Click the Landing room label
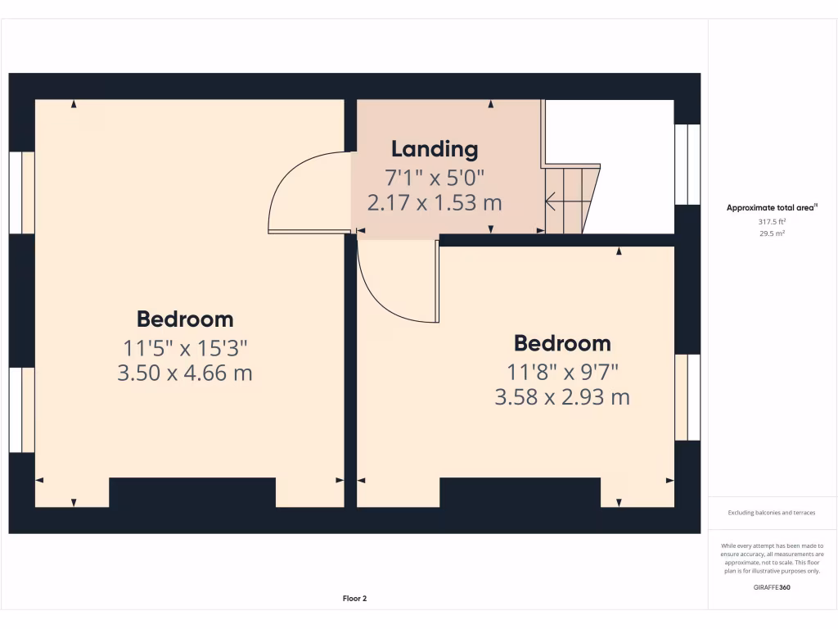pos(434,149)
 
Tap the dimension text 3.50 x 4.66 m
pos(184,373)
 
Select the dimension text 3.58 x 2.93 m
pos(561,398)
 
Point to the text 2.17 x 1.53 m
pos(434,202)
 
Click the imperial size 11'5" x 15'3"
pos(184,348)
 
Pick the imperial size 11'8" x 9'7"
pos(561,373)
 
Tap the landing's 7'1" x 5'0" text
pos(434,176)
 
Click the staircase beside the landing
pos(571,199)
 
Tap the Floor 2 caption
pos(354,599)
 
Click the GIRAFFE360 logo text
pos(773,587)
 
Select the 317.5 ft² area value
pos(773,221)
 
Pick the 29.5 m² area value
pos(773,233)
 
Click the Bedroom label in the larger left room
pos(184,319)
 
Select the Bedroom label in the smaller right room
pos(561,343)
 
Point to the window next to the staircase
pos(687,164)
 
